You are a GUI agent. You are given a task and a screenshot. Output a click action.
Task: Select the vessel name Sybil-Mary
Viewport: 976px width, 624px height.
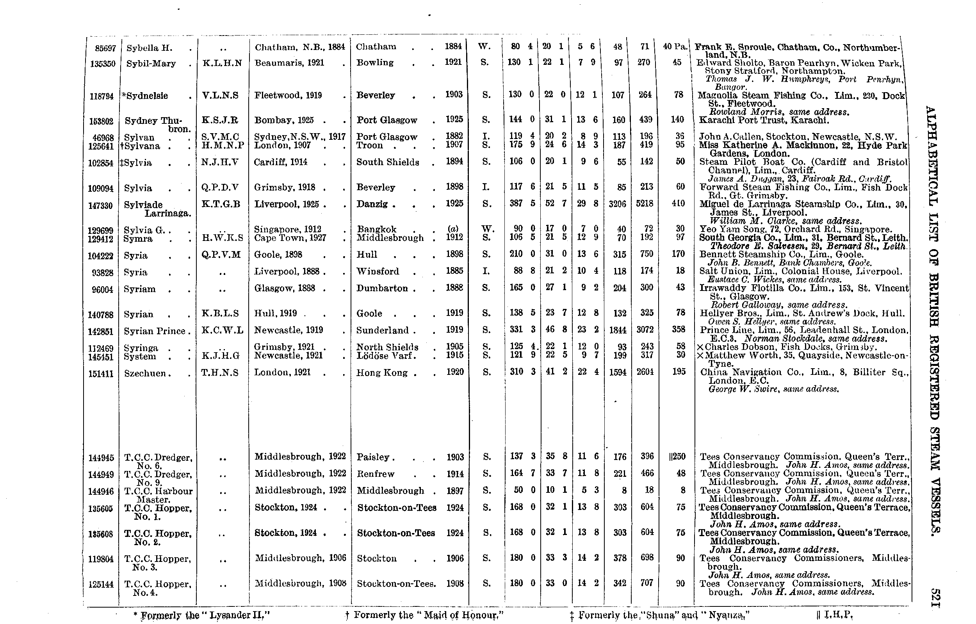151,64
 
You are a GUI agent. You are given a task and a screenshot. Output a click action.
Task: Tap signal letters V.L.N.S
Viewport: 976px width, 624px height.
220,96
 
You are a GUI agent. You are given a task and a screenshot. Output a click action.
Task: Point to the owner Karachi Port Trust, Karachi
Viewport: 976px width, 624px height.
764,120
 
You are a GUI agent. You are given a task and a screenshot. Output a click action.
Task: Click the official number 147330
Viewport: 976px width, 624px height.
100,205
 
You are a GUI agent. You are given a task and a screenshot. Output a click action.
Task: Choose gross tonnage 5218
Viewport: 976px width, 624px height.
645,203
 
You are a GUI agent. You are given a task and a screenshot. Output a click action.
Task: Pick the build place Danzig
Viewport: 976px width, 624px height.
372,204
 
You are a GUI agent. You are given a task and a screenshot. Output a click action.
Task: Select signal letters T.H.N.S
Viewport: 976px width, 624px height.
220,373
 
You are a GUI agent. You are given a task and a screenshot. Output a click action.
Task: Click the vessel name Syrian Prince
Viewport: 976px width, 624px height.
155,331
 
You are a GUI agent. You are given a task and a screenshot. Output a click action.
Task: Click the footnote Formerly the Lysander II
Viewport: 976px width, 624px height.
201,615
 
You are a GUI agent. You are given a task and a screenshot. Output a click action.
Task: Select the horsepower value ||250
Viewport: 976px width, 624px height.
677,456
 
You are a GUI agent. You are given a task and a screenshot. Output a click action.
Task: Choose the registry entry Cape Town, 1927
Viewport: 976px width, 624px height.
290,238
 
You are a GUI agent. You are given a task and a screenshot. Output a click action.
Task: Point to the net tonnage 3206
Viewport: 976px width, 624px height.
617,203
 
